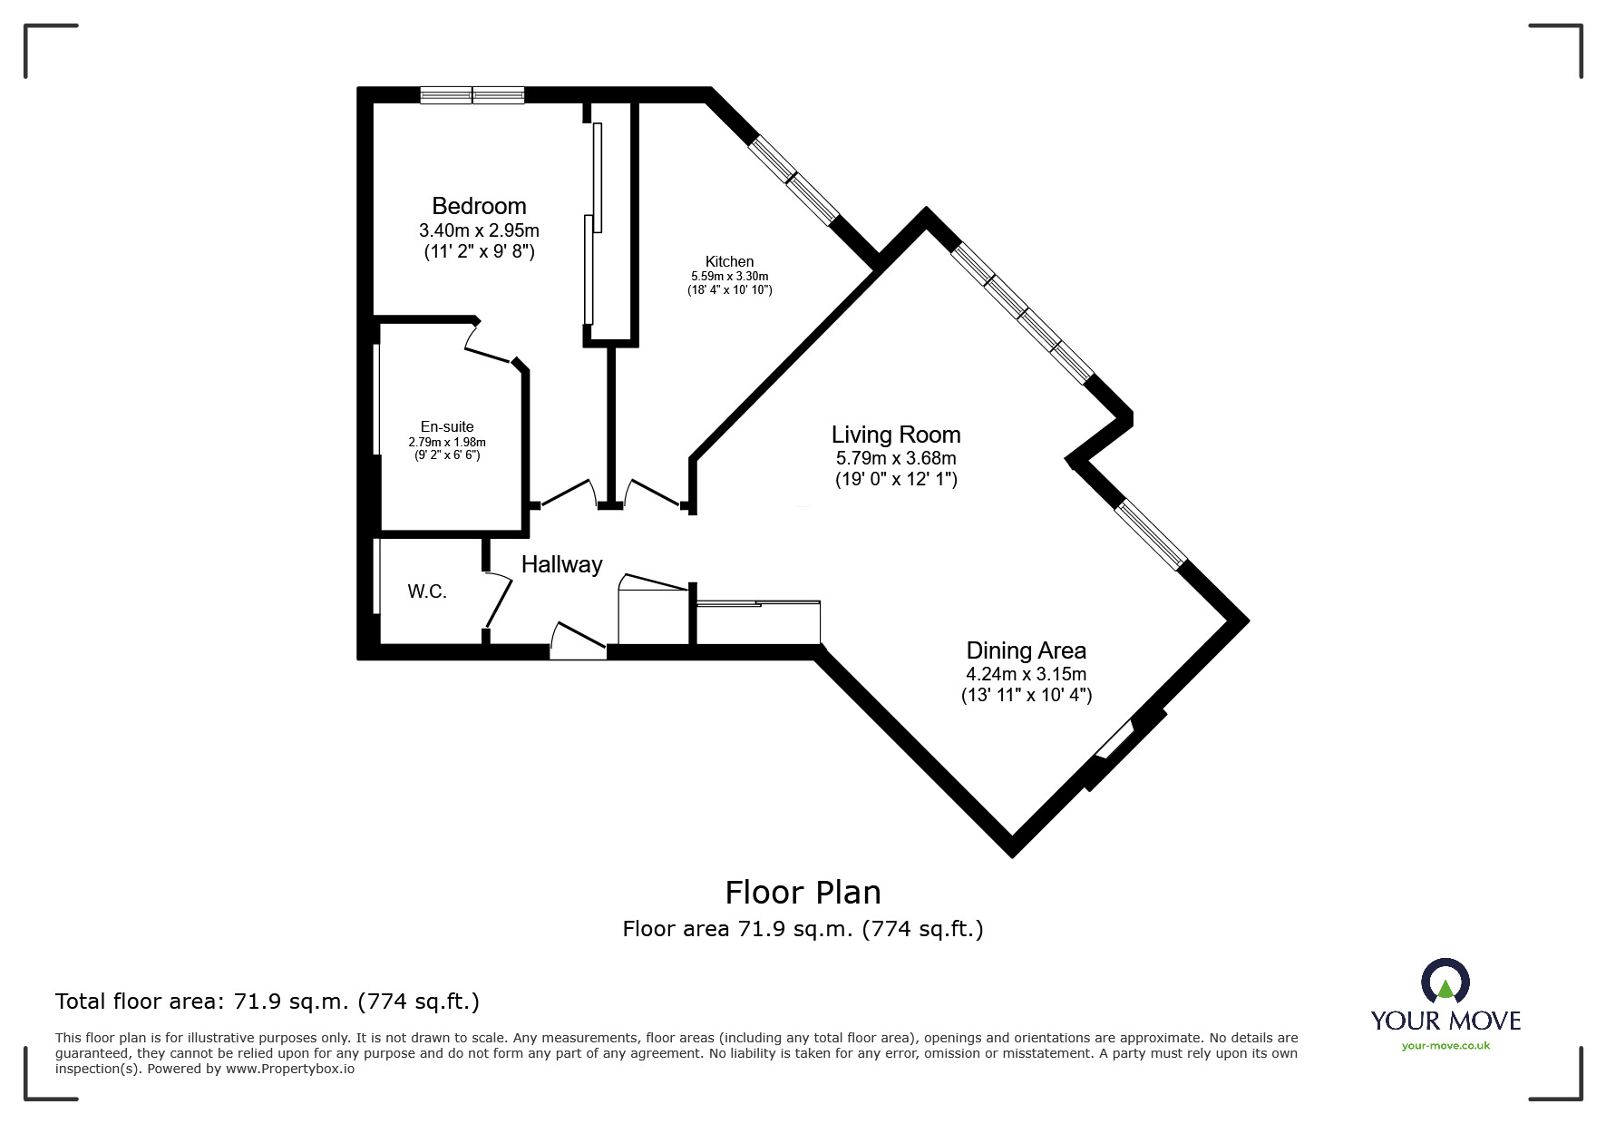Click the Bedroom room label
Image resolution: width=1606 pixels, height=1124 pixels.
(x=479, y=206)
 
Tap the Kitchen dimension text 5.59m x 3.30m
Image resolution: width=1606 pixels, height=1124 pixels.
(x=729, y=277)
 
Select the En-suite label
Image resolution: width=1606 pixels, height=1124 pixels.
(x=447, y=426)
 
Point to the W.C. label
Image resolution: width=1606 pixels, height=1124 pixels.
(x=427, y=591)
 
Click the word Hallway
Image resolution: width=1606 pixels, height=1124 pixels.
(x=561, y=564)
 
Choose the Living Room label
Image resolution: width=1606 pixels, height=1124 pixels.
(x=896, y=435)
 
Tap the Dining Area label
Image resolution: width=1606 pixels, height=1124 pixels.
(x=1026, y=650)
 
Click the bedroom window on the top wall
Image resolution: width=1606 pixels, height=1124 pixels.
(x=472, y=94)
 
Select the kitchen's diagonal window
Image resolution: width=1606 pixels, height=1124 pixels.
(x=793, y=179)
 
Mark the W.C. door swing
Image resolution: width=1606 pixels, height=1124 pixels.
(x=498, y=600)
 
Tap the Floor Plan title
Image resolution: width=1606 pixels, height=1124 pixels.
(x=803, y=893)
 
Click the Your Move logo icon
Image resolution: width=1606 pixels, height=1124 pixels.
(x=1445, y=982)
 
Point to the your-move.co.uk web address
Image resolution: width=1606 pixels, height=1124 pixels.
(x=1445, y=1046)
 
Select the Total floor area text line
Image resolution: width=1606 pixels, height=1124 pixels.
(x=268, y=1002)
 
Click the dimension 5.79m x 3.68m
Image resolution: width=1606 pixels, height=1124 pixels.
(x=896, y=459)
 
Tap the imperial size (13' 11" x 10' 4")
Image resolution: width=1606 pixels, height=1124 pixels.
(x=1026, y=696)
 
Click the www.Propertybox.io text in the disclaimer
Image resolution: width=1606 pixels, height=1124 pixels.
(x=290, y=1069)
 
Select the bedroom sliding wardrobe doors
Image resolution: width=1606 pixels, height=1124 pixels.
(x=594, y=222)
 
